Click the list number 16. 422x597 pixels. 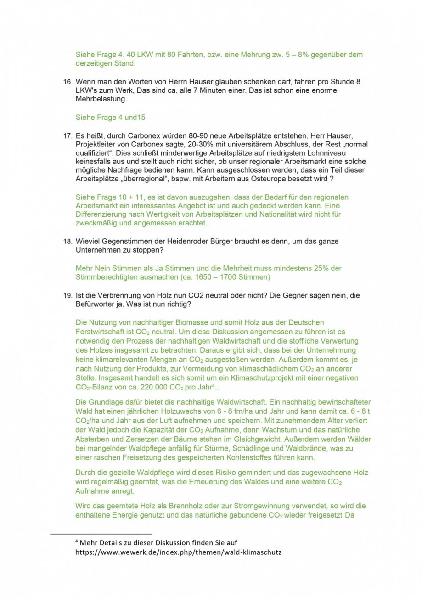point(67,82)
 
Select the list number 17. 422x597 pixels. point(67,136)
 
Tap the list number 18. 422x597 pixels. point(67,241)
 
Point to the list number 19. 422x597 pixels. point(67,295)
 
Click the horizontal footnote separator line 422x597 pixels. point(101,534)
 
